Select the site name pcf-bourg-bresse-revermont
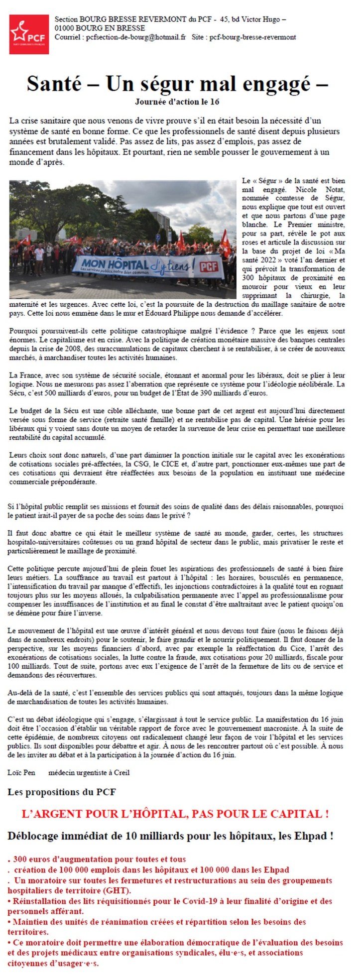pyautogui.click(x=252, y=37)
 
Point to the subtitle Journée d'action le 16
pyautogui.click(x=177, y=101)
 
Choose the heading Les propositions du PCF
pyautogui.click(x=62, y=791)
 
